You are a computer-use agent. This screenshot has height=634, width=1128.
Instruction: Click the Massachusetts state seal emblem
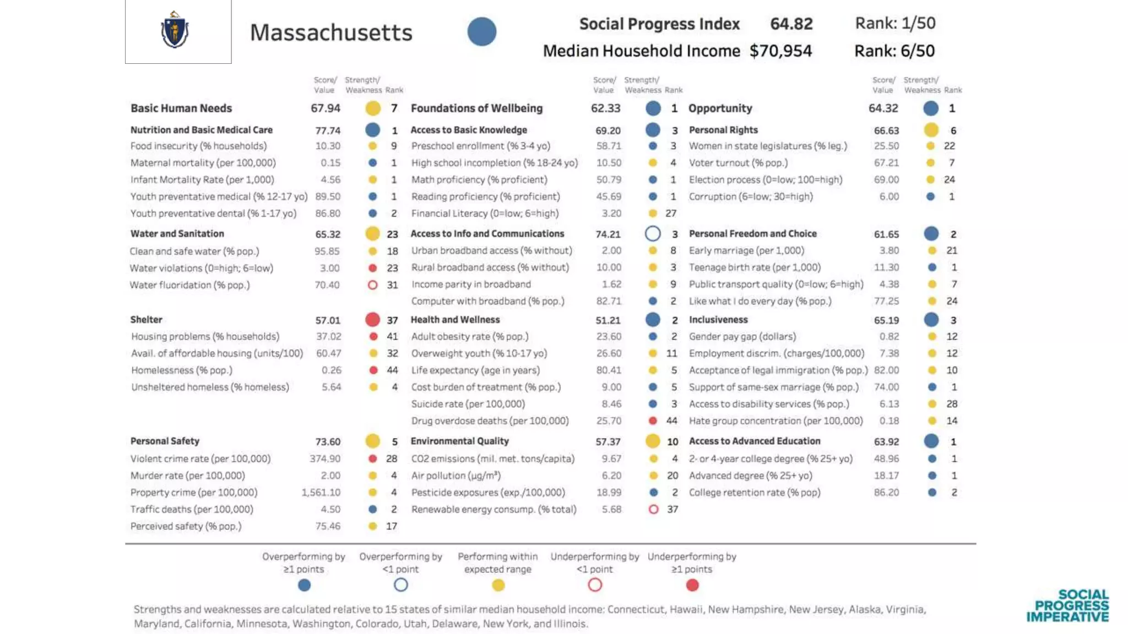tap(175, 31)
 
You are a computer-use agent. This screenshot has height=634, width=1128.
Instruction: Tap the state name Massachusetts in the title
tap(331, 32)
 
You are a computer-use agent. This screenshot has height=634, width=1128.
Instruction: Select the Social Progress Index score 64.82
tap(791, 24)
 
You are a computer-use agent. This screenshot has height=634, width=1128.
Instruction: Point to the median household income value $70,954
tap(780, 51)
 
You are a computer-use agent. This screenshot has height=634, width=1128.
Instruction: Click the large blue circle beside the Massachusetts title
tap(482, 31)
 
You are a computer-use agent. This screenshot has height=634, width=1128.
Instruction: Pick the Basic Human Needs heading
tap(181, 108)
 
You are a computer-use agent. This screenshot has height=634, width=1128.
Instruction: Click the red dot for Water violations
tap(373, 268)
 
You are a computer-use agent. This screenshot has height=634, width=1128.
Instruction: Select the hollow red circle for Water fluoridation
tap(373, 285)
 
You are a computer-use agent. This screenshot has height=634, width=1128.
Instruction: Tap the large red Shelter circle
tap(373, 320)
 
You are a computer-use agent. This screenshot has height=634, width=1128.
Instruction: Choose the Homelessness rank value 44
tap(392, 370)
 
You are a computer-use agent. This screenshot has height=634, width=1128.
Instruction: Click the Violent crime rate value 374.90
tap(325, 459)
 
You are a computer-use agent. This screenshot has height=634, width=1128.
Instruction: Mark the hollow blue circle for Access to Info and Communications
tap(653, 234)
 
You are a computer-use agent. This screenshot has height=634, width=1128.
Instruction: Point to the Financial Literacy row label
tap(485, 214)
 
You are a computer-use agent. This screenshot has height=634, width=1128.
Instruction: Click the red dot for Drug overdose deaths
tap(653, 421)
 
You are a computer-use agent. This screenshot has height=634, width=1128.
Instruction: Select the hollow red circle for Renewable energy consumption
tap(653, 510)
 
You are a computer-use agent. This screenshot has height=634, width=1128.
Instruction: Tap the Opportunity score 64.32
tap(883, 108)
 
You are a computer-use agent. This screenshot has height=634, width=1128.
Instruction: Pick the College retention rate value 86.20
tap(886, 493)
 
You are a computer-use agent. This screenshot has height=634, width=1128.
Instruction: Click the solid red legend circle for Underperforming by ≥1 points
tap(692, 585)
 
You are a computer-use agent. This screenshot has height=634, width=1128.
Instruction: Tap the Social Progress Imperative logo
tap(1067, 606)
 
